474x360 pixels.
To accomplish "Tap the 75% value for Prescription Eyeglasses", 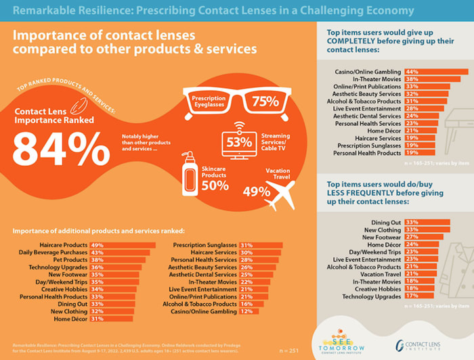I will (x=265, y=102).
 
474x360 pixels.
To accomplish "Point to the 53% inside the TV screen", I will (x=238, y=143).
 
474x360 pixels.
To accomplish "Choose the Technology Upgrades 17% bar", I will (x=419, y=296).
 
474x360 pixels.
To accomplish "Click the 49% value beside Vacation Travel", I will (x=256, y=192).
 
